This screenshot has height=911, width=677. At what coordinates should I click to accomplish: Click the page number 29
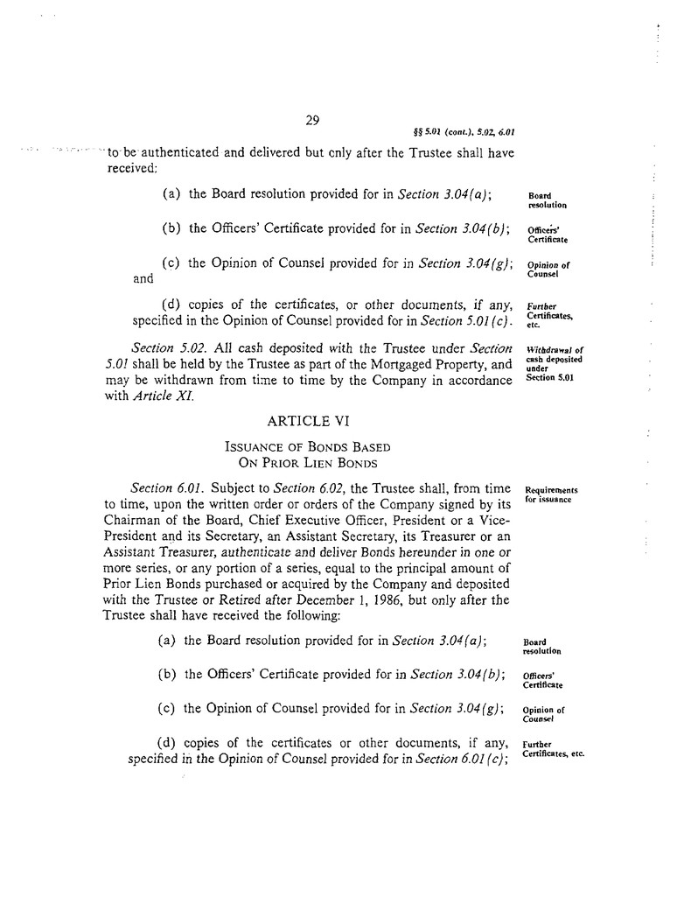coord(312,121)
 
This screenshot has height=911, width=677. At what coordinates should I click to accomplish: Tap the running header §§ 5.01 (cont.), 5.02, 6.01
coord(462,134)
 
